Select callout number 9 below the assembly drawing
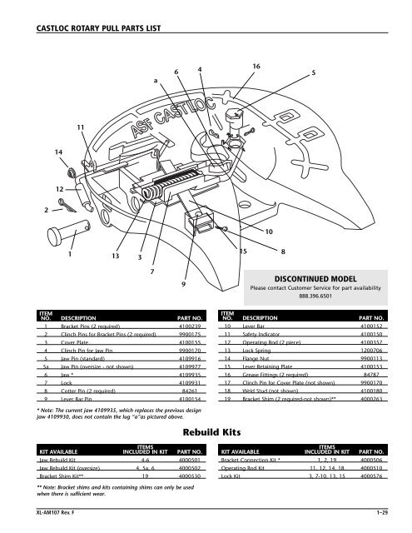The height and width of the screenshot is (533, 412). [182, 285]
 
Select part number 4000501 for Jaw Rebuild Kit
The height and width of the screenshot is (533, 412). [189, 458]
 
